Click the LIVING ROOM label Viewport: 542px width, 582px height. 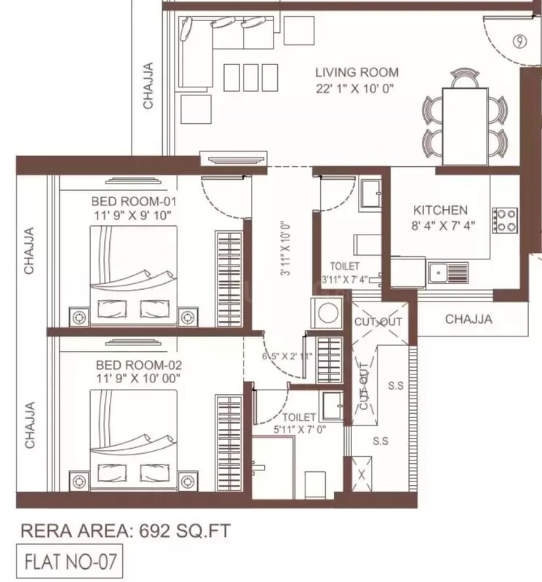pyautogui.click(x=356, y=72)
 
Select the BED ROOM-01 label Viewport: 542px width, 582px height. pyautogui.click(x=135, y=201)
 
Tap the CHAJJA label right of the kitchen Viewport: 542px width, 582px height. pyautogui.click(x=469, y=318)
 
